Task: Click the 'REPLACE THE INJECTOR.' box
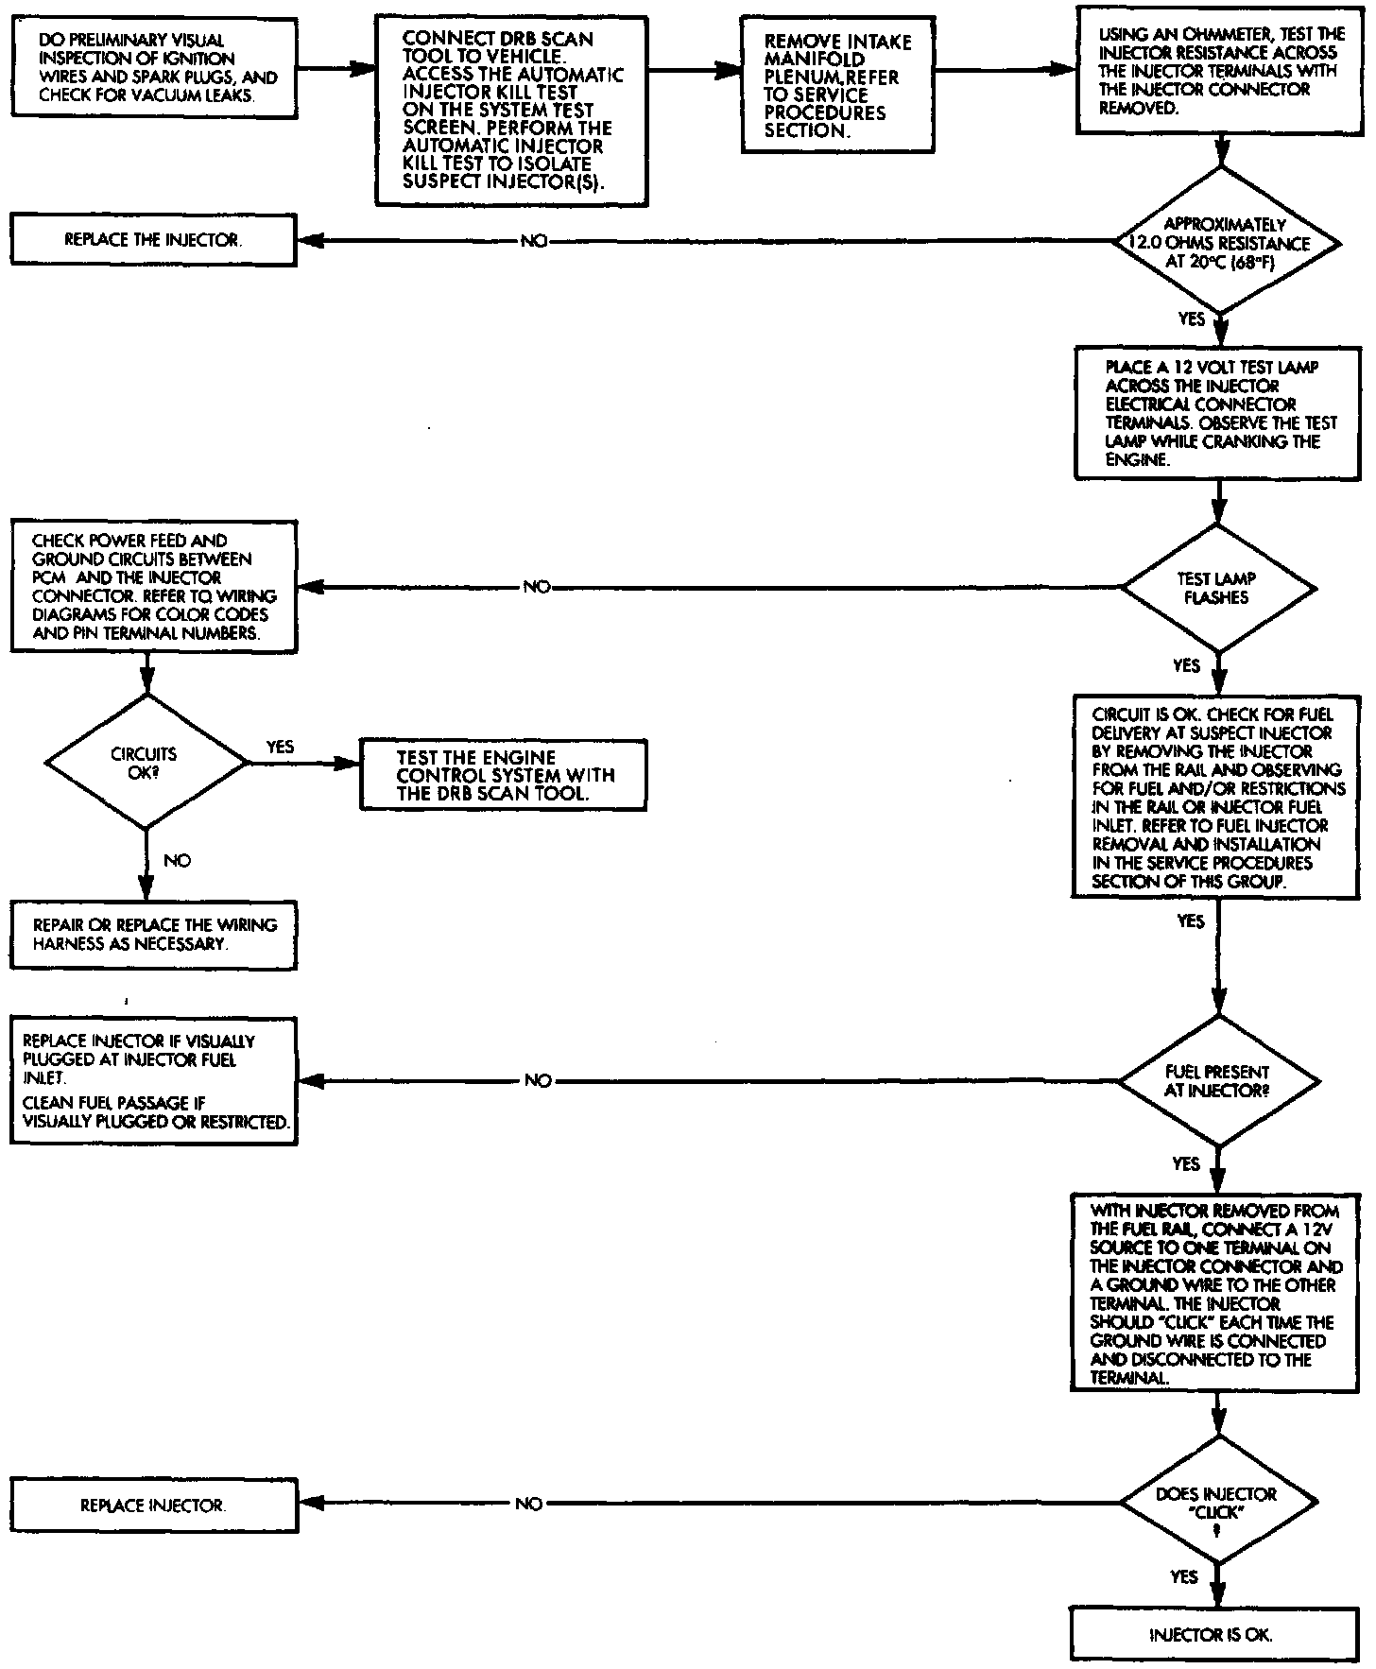click(x=153, y=241)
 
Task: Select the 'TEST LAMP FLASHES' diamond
click(x=1218, y=588)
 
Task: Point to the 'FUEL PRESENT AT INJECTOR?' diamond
click(x=1217, y=1081)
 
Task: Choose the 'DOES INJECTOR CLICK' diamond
click(x=1216, y=1503)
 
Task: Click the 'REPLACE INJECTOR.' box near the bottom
click(x=153, y=1506)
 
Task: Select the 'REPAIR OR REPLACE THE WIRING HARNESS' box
click(x=153, y=934)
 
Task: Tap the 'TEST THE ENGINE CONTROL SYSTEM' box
click(x=504, y=775)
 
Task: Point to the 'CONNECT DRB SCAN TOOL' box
click(x=511, y=110)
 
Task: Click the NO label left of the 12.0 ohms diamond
click(x=534, y=241)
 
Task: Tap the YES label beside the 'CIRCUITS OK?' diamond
click(x=280, y=747)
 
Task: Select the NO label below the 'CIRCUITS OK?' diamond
click(x=177, y=860)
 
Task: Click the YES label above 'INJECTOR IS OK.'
click(x=1184, y=1576)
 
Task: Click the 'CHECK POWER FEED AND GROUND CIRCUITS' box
click(x=153, y=586)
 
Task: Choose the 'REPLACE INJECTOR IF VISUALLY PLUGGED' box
click(x=153, y=1081)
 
